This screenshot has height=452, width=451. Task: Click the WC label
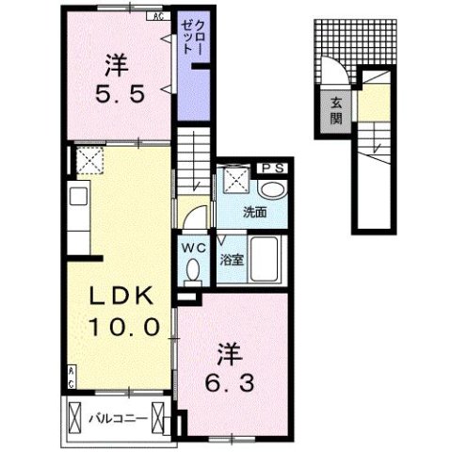(x=194, y=248)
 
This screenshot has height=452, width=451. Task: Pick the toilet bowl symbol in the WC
(x=194, y=269)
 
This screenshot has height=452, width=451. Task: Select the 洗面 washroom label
(x=254, y=211)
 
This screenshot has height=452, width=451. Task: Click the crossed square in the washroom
(x=232, y=180)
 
